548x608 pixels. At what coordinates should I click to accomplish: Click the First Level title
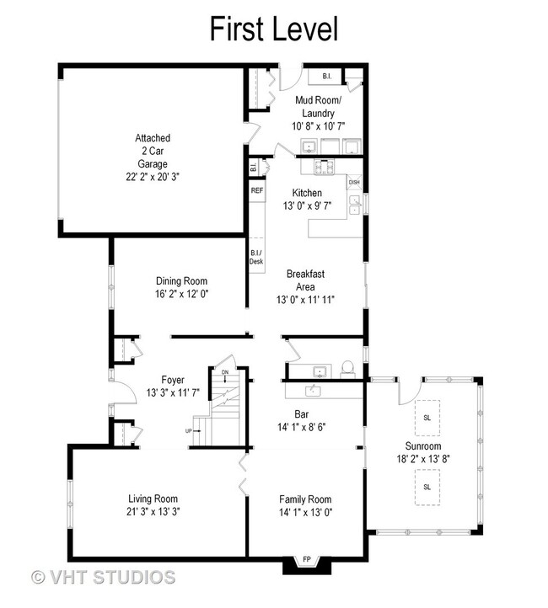click(x=274, y=29)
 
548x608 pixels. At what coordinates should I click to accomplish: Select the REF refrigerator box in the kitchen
click(x=257, y=190)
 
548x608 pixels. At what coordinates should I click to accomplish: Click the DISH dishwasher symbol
click(x=354, y=182)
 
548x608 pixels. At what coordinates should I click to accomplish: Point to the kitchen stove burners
click(x=324, y=168)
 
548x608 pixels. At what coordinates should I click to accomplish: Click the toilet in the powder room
click(x=347, y=369)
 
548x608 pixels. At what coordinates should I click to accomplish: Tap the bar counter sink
click(x=313, y=391)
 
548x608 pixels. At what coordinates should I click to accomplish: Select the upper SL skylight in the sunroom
click(x=427, y=418)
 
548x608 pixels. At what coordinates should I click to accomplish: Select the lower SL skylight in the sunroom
click(x=427, y=487)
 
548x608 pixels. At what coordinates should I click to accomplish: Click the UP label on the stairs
click(x=188, y=431)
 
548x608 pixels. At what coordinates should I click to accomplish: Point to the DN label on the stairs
click(x=225, y=372)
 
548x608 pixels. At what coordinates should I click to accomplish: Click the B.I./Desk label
click(x=256, y=257)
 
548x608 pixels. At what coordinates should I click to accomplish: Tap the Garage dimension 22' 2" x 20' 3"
click(x=153, y=177)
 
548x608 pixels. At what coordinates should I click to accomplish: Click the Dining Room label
click(x=181, y=280)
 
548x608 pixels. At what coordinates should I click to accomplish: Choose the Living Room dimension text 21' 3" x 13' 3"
click(x=153, y=511)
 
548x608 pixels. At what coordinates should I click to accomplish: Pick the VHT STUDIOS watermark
click(x=103, y=577)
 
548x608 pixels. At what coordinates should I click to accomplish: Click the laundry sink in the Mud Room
click(x=309, y=147)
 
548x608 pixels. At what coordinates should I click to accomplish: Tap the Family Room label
click(x=305, y=499)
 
